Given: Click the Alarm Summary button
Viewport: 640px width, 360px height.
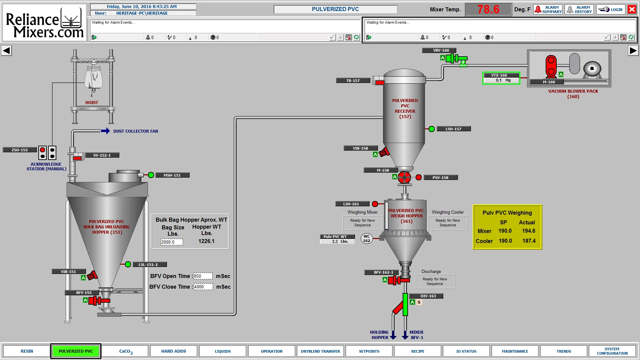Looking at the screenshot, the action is pos(548,9).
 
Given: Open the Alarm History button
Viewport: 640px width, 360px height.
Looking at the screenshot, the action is pos(579,9).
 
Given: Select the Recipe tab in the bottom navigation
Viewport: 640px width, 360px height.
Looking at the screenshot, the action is pos(418,351).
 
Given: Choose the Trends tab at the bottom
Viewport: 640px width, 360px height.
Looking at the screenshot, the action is pos(564,351).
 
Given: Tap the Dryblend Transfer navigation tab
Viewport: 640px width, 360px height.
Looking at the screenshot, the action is pos(320,351).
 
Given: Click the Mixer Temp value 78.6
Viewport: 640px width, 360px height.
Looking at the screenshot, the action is pos(488,9).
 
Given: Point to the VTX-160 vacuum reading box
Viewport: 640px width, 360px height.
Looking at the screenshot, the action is pos(501,78).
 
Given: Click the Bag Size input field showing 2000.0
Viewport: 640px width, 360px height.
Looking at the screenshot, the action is pos(172,242).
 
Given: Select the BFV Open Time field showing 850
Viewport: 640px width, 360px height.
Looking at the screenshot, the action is pos(203,276).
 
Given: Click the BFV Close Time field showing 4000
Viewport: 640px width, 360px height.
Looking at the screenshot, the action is pos(203,287).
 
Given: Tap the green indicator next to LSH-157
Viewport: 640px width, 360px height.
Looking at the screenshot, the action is pos(432,129).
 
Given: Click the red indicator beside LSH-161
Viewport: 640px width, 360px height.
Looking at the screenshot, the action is pos(375,204).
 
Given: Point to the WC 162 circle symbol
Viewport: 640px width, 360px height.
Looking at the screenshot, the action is pos(367,239).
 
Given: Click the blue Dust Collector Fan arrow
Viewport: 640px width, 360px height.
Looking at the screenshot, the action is pos(105,131).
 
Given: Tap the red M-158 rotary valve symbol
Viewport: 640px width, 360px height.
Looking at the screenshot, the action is pos(404,177).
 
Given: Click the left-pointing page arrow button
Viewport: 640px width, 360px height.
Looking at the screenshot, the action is pos(6,51).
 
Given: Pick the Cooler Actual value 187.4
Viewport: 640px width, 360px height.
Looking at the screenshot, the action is pos(529,241).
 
